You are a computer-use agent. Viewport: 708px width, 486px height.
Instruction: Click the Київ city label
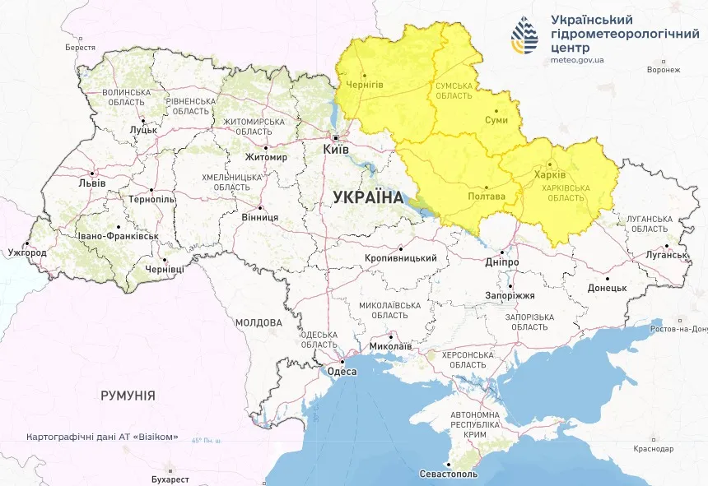click(338, 150)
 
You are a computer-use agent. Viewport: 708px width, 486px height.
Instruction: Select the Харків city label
click(549, 175)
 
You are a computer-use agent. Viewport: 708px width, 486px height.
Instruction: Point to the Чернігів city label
click(365, 86)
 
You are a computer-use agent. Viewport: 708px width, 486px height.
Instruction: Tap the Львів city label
click(91, 183)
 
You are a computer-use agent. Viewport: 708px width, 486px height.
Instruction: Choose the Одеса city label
click(342, 372)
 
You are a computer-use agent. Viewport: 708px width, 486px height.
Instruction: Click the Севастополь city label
click(449, 475)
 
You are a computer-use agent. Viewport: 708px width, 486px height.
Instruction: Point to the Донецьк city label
click(607, 289)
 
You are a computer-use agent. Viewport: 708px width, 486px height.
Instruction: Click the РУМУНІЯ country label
click(128, 396)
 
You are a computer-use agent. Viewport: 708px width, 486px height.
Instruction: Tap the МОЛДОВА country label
click(259, 322)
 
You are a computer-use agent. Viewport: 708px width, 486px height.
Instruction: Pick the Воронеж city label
click(664, 70)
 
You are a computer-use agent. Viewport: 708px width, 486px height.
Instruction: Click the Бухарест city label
click(170, 479)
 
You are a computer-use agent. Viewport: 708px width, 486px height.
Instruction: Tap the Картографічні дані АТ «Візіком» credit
click(102, 437)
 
